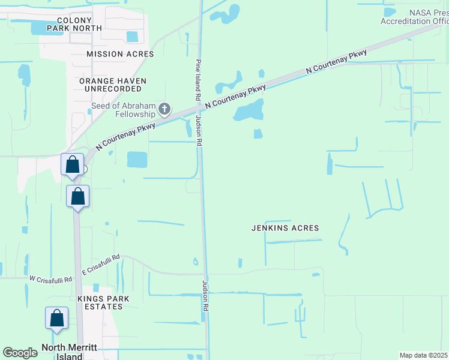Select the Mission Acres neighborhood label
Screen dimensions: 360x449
click(120, 54)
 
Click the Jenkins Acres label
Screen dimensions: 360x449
click(285, 228)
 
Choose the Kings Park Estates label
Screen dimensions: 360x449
click(100, 302)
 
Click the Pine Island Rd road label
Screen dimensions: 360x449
click(197, 80)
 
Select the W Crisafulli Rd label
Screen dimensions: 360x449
click(50, 279)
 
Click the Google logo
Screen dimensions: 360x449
click(20, 353)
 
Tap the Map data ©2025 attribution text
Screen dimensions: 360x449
click(423, 355)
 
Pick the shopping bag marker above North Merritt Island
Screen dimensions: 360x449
click(56, 319)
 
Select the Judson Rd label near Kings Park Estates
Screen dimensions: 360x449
click(205, 295)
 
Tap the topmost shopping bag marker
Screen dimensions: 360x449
click(72, 165)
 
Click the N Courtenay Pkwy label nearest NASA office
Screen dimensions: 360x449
click(336, 62)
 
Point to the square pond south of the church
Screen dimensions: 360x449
click(137, 160)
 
